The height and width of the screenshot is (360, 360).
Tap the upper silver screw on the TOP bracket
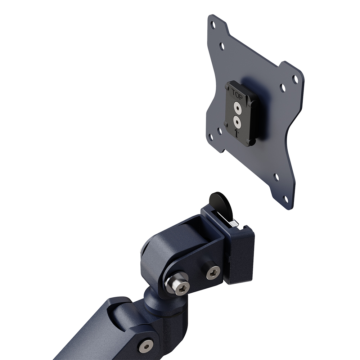(237, 107)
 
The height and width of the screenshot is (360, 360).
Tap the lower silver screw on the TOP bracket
(236, 120)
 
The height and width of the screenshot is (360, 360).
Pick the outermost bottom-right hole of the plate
(286, 198)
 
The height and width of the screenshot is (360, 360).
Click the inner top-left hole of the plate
(222, 46)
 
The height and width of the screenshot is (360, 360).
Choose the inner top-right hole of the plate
(283, 87)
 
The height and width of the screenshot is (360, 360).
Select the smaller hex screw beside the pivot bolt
(212, 274)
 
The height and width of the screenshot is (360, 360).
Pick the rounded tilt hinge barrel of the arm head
(158, 252)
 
